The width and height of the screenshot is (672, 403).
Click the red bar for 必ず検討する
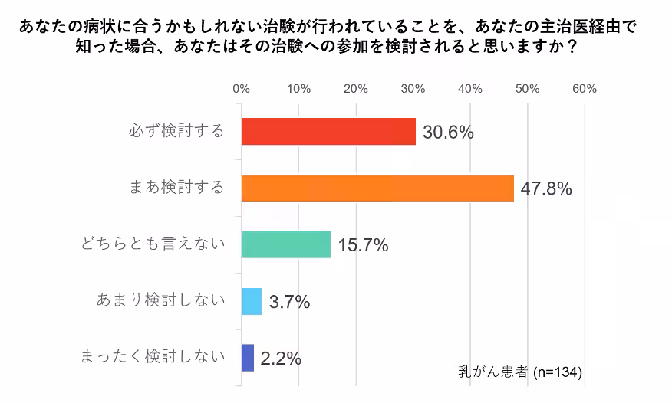pos(328,132)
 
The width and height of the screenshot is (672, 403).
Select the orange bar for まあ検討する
pos(377,188)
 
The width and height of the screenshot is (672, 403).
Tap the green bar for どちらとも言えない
pos(285,244)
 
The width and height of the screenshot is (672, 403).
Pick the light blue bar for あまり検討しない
pos(252,301)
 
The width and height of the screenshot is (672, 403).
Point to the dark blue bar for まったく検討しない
pos(248,358)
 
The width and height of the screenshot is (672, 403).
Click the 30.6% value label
pos(449,133)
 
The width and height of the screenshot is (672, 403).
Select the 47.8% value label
pos(546,189)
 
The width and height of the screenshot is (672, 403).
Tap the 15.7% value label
pos(363,245)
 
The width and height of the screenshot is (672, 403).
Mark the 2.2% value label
pos(281,358)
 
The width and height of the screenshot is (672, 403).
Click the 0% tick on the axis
pos(242,89)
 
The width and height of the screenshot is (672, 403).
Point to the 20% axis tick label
pos(356,89)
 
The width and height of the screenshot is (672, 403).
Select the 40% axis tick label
pos(470,89)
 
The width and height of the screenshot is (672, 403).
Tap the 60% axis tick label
pos(585,89)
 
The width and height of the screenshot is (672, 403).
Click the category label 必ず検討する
pos(176,131)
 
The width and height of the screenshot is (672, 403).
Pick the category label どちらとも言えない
pos(153,244)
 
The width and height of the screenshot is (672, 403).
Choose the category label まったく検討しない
pos(153,356)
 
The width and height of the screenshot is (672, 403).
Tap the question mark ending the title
pos(570,46)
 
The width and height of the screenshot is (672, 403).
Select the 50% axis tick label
pos(528,89)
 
